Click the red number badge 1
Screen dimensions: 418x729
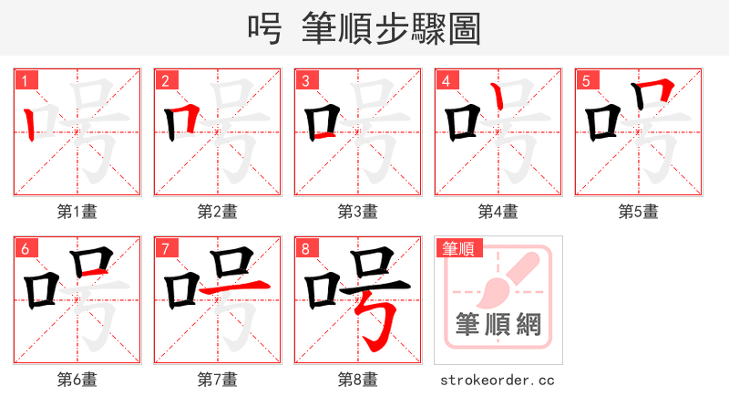tap(25, 80)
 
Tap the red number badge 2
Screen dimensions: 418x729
tap(165, 80)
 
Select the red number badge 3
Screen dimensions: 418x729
tap(305, 80)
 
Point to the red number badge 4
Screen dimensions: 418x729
tap(446, 80)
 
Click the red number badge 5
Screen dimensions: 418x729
tap(586, 80)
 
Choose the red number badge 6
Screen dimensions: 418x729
tap(25, 247)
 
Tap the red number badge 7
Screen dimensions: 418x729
tap(165, 247)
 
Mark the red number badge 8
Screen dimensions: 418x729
tap(305, 247)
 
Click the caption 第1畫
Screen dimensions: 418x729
tap(77, 212)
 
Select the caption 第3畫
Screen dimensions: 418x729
tap(358, 212)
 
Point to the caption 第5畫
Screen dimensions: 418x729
tap(639, 212)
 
